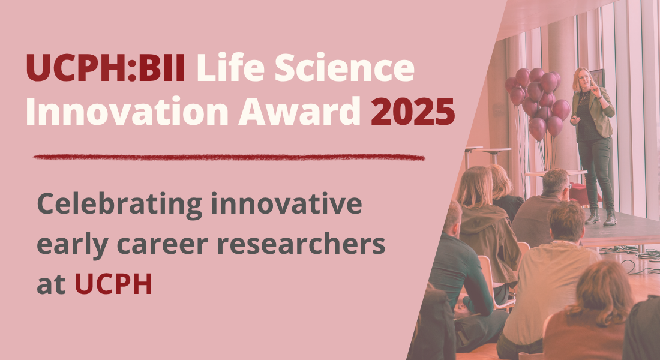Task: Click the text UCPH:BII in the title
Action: click(x=106, y=67)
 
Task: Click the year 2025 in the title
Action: click(x=413, y=111)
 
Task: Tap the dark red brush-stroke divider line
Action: click(x=229, y=157)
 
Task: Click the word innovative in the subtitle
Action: click(x=286, y=203)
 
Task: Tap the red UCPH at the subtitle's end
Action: click(x=113, y=284)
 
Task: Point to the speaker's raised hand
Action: click(x=595, y=89)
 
